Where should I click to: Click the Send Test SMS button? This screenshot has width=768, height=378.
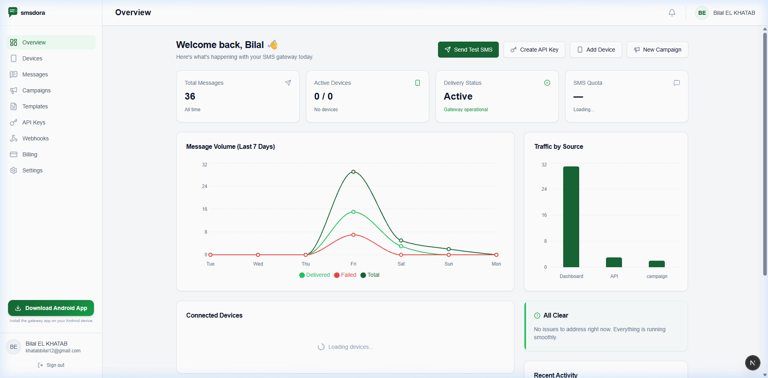tap(468, 50)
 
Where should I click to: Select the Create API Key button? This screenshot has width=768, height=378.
tap(534, 50)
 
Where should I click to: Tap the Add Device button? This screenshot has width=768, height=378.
tap(596, 50)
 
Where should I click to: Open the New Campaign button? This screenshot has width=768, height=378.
tap(658, 50)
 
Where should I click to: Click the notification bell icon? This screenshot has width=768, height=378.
tap(672, 13)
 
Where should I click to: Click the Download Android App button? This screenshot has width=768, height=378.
tap(51, 308)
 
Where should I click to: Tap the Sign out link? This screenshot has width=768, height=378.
tap(51, 365)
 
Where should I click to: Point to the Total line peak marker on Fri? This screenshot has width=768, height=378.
tap(353, 172)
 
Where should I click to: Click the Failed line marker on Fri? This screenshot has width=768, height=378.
tap(353, 235)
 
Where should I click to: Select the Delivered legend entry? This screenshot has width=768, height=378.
tap(315, 275)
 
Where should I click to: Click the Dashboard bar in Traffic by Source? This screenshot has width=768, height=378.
tap(571, 217)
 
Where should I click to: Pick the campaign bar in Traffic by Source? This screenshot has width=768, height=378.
tap(657, 264)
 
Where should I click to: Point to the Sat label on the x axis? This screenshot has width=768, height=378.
tap(401, 264)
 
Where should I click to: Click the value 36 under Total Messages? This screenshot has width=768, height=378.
tap(190, 96)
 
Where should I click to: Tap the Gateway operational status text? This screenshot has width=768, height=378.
tap(466, 110)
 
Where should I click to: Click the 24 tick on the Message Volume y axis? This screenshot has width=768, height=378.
tap(204, 186)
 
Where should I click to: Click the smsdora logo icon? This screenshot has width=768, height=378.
tap(13, 12)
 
